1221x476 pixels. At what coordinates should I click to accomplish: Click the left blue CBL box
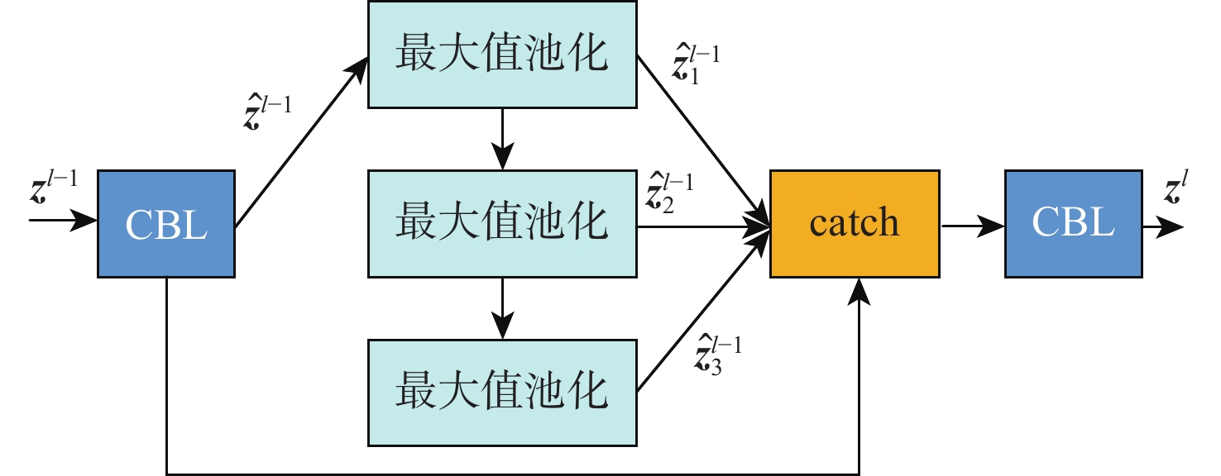point(165,223)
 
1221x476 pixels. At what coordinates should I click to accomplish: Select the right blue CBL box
point(1073,223)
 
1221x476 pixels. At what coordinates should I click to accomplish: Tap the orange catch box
point(855,223)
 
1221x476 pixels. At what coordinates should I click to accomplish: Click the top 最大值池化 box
point(502,55)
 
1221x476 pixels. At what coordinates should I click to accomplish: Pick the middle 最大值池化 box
point(502,223)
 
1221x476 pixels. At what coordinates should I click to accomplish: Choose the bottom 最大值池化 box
point(502,391)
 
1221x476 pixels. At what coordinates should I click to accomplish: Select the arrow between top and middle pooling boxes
point(502,139)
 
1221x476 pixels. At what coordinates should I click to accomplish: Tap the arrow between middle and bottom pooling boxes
point(502,307)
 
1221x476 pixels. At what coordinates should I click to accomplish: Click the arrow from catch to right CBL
point(972,223)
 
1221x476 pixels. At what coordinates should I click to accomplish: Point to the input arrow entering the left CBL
point(63,221)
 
